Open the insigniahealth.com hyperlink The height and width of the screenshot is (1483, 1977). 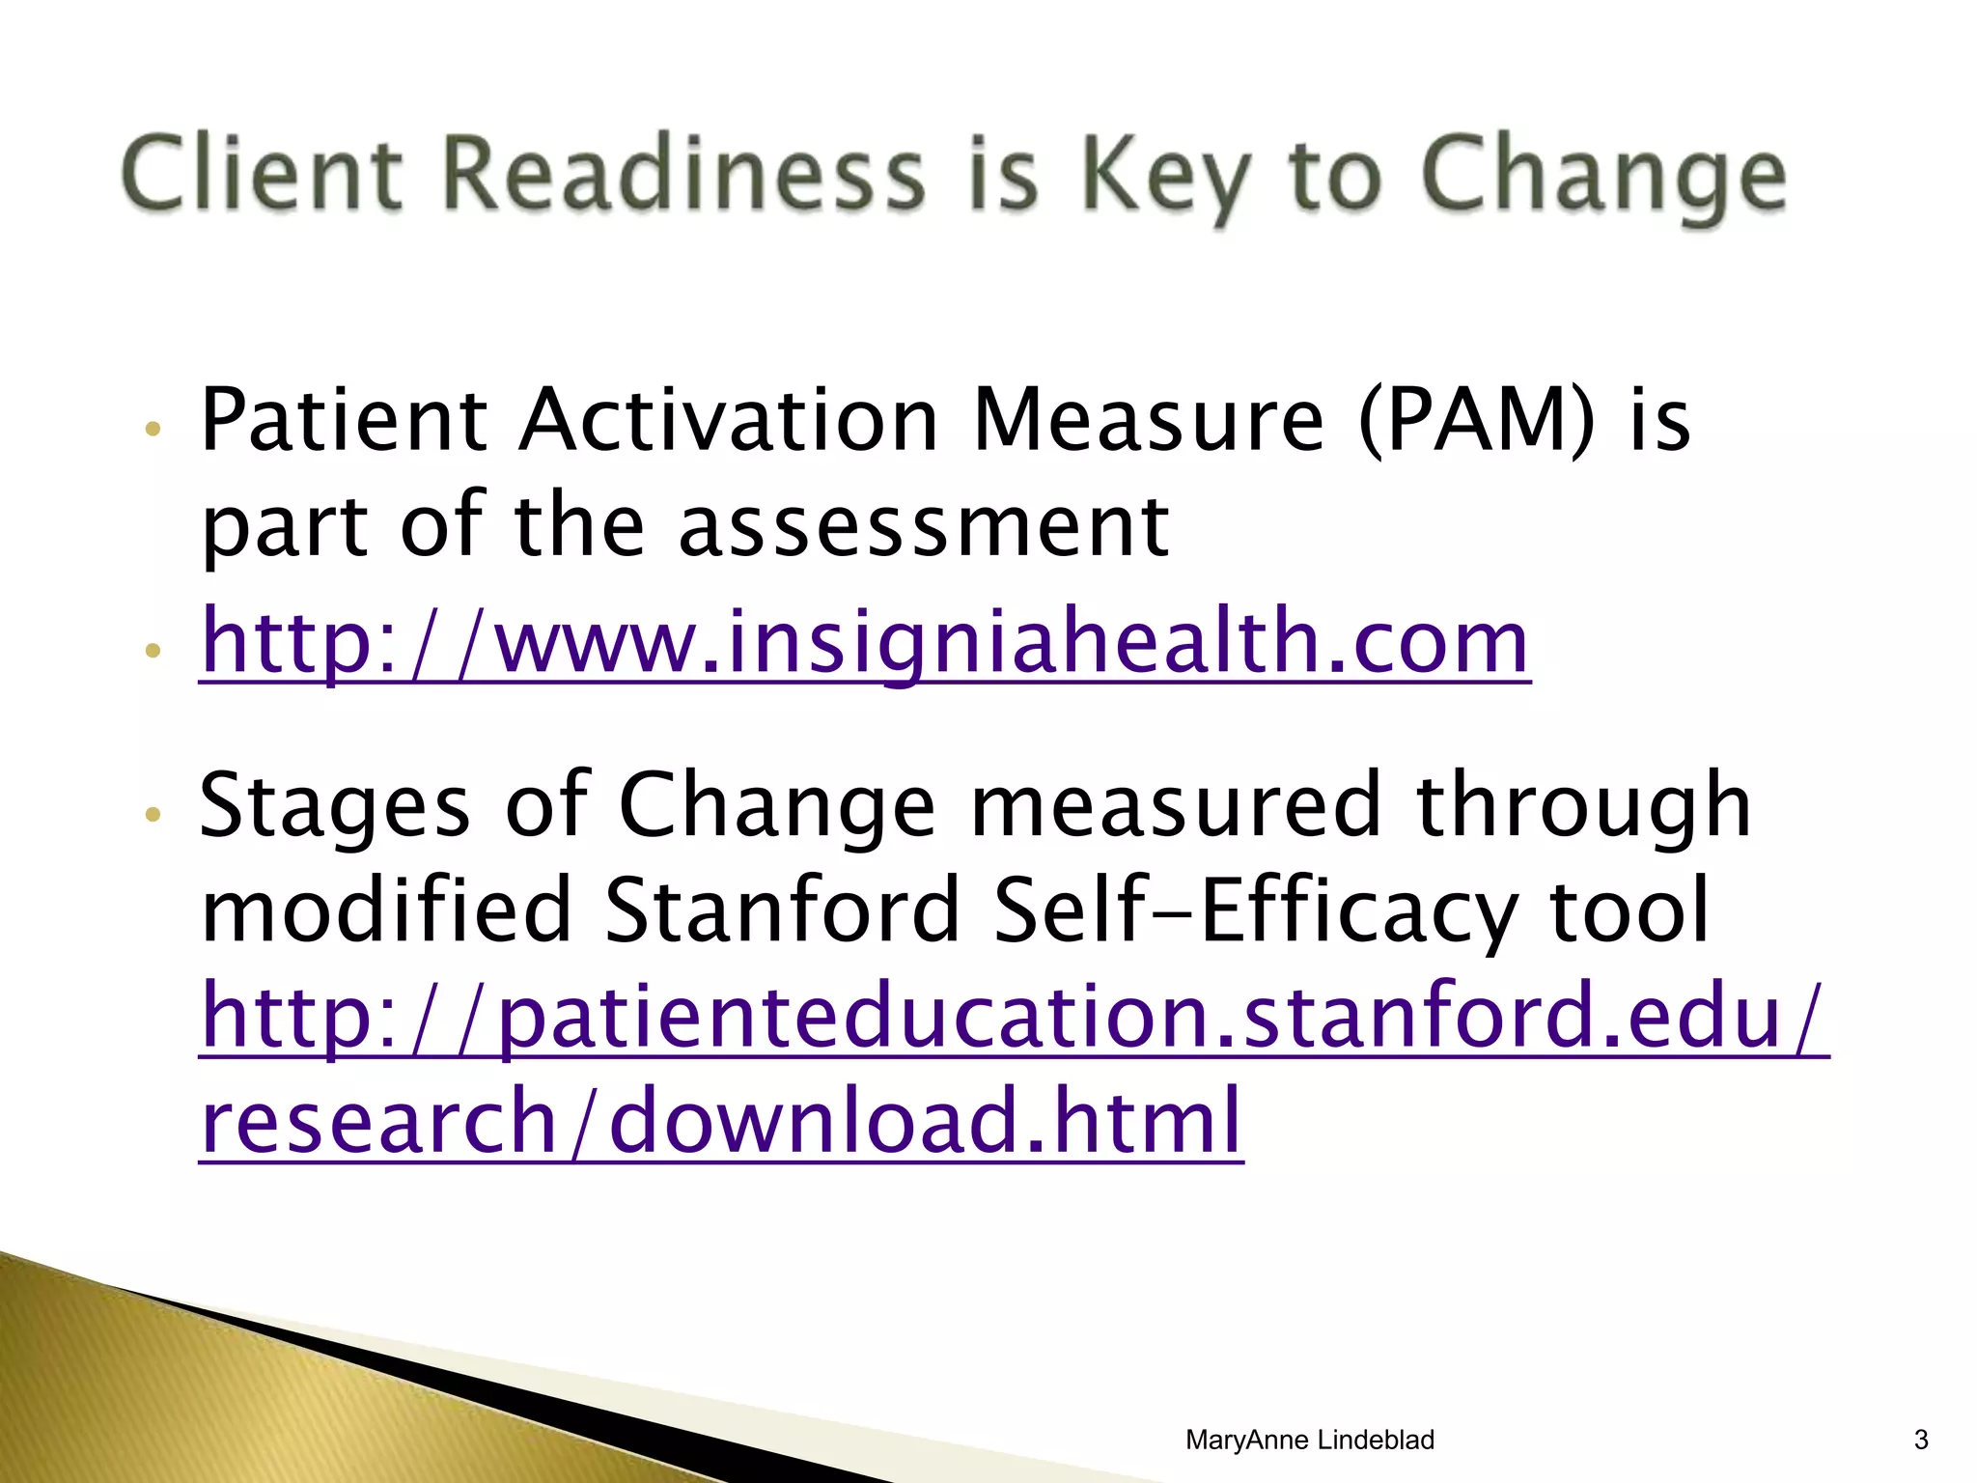coord(864,642)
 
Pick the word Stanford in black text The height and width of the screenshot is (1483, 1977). coord(781,909)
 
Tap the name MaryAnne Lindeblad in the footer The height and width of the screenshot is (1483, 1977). coord(1309,1440)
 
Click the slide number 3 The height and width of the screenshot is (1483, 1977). coord(1920,1440)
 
